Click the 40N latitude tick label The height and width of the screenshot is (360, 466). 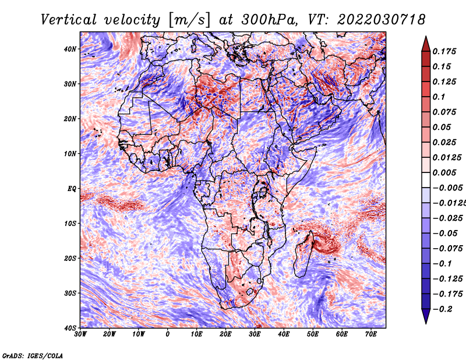point(70,49)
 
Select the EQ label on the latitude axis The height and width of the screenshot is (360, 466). point(72,189)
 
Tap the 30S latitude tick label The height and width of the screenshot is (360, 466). point(70,293)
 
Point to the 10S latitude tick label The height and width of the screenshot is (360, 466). point(70,223)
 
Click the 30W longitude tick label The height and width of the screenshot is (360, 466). point(80,334)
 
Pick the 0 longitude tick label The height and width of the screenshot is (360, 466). point(168,334)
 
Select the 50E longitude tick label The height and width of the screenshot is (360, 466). point(313,334)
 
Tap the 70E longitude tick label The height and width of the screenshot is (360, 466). point(370,334)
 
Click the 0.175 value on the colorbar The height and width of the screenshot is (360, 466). point(444,51)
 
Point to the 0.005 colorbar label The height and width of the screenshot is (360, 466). point(444,172)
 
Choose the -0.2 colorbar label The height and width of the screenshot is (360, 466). point(442,309)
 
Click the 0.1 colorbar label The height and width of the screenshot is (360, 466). point(439,97)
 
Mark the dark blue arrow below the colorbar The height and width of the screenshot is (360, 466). point(426,316)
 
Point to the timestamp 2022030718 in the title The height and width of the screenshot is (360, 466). point(382,20)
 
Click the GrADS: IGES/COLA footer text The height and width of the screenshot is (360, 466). point(33,356)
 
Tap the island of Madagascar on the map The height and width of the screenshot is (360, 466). point(303,256)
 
